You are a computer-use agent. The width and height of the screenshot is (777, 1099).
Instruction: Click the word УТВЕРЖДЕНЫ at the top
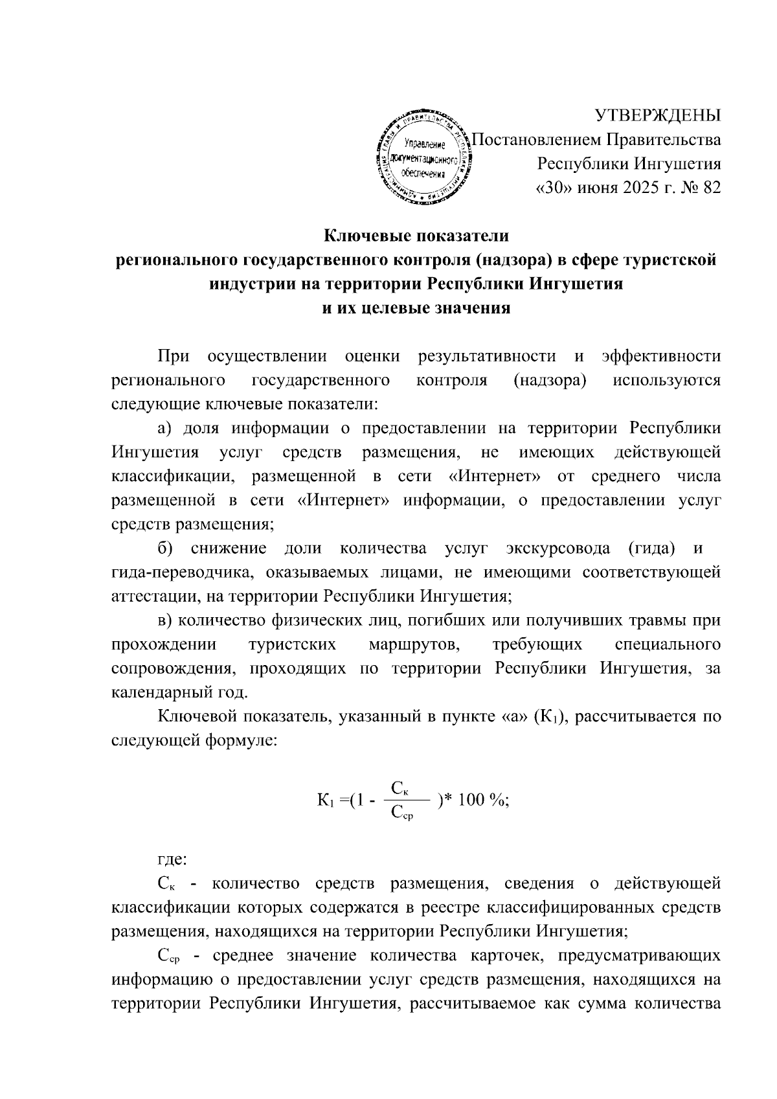click(x=658, y=115)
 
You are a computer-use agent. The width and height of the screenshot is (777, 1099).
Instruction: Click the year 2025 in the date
click(x=627, y=187)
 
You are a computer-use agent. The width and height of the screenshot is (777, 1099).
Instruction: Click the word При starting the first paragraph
click(x=174, y=356)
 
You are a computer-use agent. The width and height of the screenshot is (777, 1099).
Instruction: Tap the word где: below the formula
click(x=173, y=860)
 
